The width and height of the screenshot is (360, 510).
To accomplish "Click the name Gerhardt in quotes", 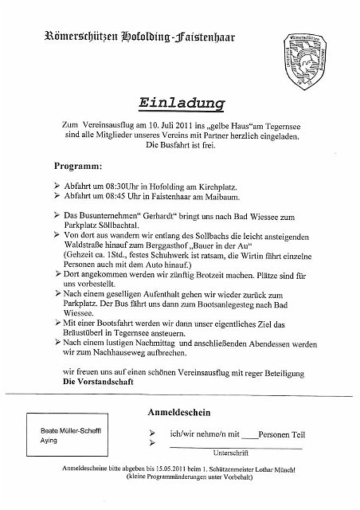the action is tap(168, 216).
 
